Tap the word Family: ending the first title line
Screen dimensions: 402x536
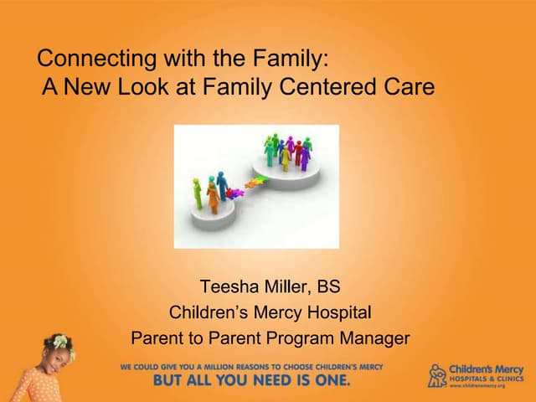[x=294, y=59]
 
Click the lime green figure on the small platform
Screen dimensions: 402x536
[x=198, y=193]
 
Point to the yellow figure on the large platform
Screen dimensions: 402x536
[x=286, y=157]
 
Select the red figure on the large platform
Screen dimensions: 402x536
[x=297, y=152]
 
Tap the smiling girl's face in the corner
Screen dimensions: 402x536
[x=59, y=361]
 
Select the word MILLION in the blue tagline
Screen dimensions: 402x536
[x=228, y=367]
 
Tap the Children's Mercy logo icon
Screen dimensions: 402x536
[x=437, y=374]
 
